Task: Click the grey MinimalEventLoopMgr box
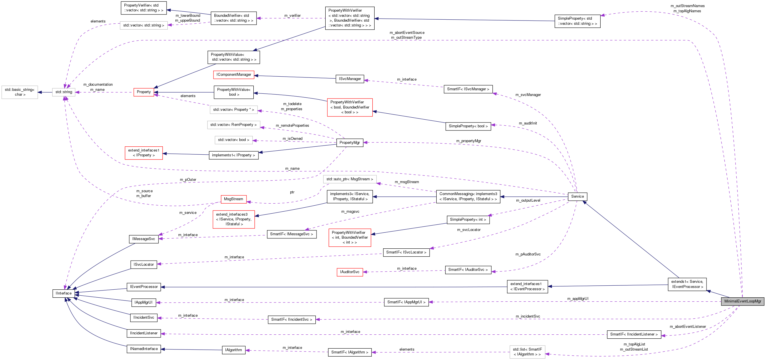tap(742, 301)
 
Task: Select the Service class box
tap(577, 196)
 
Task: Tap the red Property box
tap(144, 92)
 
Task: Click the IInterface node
tap(64, 293)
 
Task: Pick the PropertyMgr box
tap(349, 142)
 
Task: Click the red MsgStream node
tap(233, 199)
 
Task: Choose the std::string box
tap(64, 92)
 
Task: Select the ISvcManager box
tap(350, 79)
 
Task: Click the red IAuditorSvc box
tap(350, 272)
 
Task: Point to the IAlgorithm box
tap(233, 350)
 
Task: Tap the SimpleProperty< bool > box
tap(468, 126)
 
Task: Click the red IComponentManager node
tap(234, 75)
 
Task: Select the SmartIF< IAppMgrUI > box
tap(406, 302)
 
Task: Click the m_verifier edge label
tap(292, 15)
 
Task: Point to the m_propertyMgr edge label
tap(468, 141)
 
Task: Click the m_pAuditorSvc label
tap(528, 254)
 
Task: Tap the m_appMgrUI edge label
tap(578, 298)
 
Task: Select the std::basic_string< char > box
tap(20, 92)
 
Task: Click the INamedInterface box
tap(144, 349)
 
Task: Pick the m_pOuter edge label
tap(188, 179)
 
